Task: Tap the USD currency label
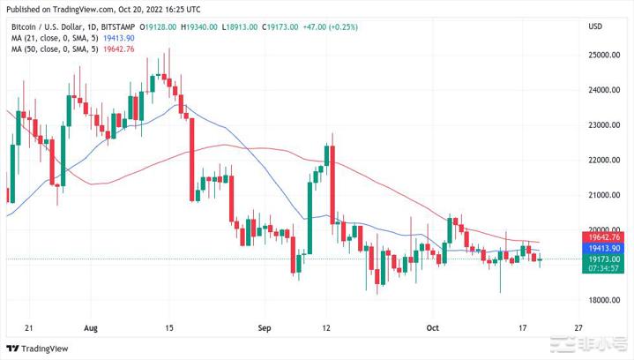coord(595,26)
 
